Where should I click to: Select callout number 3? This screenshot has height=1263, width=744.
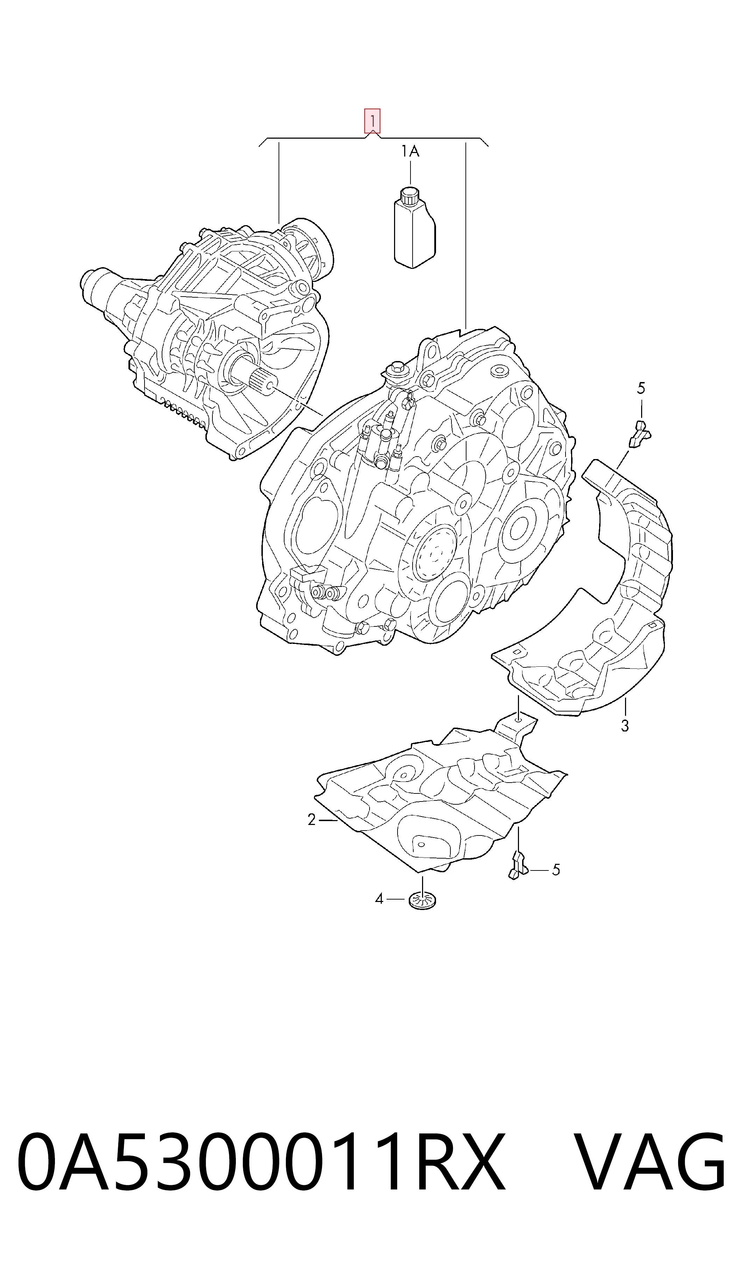click(625, 726)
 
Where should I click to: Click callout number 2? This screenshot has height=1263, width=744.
click(312, 820)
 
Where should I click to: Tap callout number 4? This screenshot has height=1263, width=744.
click(379, 899)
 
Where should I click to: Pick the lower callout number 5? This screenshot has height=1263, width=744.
click(555, 870)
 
